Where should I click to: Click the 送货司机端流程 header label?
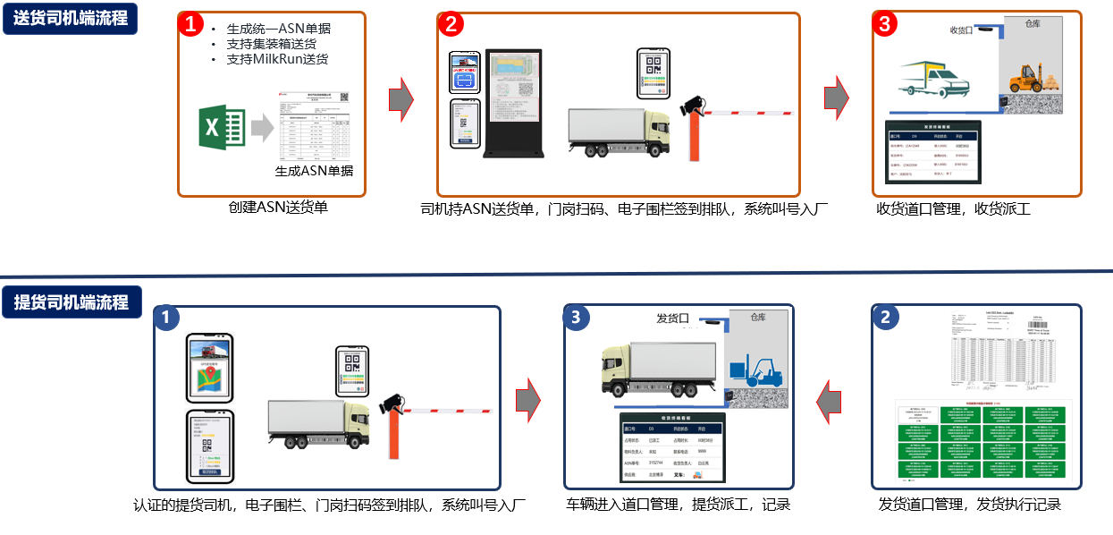click(x=71, y=17)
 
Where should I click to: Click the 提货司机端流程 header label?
click(x=71, y=302)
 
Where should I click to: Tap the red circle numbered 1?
click(x=191, y=24)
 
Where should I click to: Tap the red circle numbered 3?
click(x=884, y=24)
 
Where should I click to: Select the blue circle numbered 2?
click(x=884, y=318)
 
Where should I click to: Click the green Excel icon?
click(x=223, y=128)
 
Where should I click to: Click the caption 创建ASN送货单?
click(x=278, y=208)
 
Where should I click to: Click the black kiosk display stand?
click(x=513, y=104)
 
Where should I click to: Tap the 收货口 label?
click(x=961, y=30)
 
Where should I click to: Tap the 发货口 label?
click(x=672, y=318)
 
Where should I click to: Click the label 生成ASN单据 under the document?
click(x=313, y=171)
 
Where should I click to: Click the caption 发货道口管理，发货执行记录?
click(x=969, y=505)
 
